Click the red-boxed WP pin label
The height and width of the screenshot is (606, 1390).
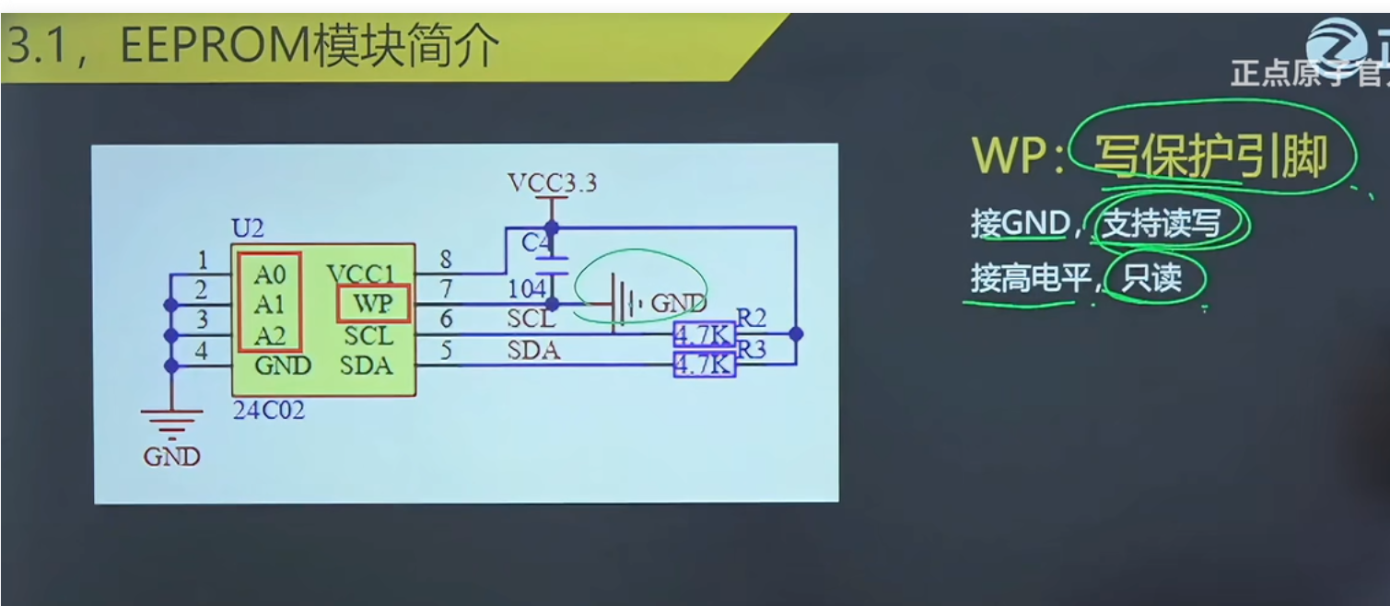(372, 304)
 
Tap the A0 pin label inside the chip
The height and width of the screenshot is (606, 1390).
(270, 274)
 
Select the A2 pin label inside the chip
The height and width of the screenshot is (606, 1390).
(270, 334)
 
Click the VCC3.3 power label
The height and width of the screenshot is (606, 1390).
(552, 182)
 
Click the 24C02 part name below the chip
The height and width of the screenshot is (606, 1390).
(268, 410)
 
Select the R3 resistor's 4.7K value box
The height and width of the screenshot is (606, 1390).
(705, 366)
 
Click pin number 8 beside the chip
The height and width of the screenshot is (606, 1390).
(446, 260)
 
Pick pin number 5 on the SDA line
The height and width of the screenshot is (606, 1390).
(446, 350)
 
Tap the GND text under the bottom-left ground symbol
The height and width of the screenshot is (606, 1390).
(171, 456)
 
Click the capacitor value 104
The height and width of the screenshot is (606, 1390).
(527, 289)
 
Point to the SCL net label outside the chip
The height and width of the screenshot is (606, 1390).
(531, 320)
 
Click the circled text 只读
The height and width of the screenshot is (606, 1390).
(1151, 277)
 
